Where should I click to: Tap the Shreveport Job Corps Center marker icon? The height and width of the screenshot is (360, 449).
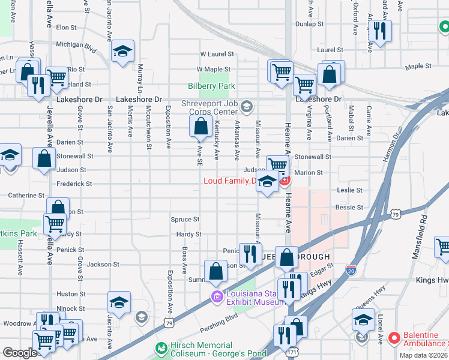[246, 107]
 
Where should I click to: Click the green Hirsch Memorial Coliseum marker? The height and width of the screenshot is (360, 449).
[161, 348]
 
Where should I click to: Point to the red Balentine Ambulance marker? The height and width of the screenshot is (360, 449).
[394, 338]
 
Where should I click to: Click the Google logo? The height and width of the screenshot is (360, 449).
[19, 353]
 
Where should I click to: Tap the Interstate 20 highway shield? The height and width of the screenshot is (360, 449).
[352, 271]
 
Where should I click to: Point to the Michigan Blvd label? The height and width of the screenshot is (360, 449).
[76, 44]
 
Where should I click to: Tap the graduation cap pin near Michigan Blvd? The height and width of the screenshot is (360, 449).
[122, 52]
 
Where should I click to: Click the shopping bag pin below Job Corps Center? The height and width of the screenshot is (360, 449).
[200, 127]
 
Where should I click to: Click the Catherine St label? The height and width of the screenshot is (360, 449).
[26, 196]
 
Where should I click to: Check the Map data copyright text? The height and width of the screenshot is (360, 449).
[423, 355]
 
